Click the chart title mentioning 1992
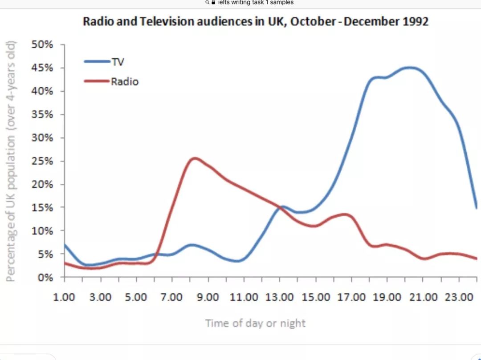[256, 22]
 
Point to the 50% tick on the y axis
[42, 45]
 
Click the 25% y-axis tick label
[42, 161]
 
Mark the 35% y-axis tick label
[42, 115]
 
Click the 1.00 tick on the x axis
[64, 297]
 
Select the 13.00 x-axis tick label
[279, 297]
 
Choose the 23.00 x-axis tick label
[459, 297]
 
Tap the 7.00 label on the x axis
[171, 297]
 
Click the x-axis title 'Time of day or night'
[255, 323]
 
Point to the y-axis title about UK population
[11, 161]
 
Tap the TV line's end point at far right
[477, 207]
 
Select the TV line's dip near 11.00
[237, 261]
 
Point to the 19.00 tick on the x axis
[387, 297]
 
